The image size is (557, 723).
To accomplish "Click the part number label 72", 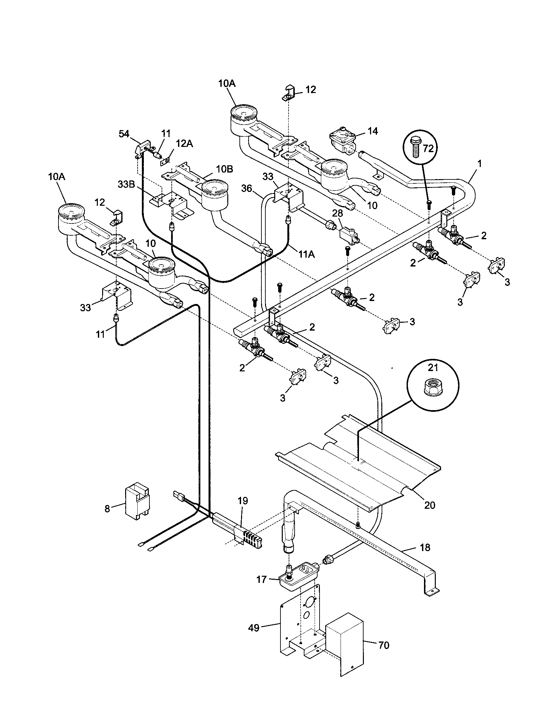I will pyautogui.click(x=428, y=149).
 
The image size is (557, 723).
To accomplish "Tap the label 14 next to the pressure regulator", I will pyautogui.click(x=373, y=131).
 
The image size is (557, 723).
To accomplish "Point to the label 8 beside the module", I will pyautogui.click(x=107, y=509).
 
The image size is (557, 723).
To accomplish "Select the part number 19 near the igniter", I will pyautogui.click(x=242, y=501).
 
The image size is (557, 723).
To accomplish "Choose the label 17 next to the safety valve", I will pyautogui.click(x=261, y=579).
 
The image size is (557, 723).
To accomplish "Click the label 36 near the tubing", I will pyautogui.click(x=247, y=189).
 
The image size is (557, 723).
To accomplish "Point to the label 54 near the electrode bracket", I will pyautogui.click(x=124, y=134).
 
